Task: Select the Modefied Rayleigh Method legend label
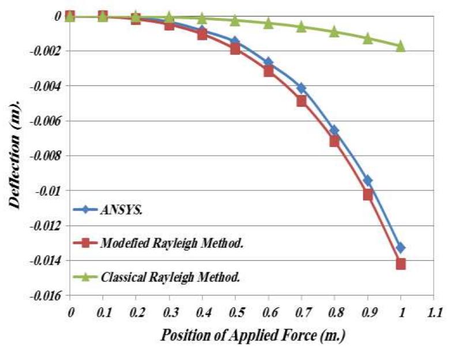click(172, 243)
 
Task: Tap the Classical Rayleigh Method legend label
click(171, 277)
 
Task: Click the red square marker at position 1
click(401, 264)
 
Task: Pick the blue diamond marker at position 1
click(401, 247)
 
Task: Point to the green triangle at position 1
click(401, 46)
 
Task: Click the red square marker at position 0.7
click(302, 102)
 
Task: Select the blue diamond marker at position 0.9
click(368, 181)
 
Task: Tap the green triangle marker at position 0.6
click(268, 23)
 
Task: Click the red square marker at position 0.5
click(235, 49)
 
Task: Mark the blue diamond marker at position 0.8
click(334, 130)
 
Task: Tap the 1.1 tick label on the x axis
click(434, 313)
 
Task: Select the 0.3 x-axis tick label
click(171, 313)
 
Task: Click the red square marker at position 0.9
click(368, 194)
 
